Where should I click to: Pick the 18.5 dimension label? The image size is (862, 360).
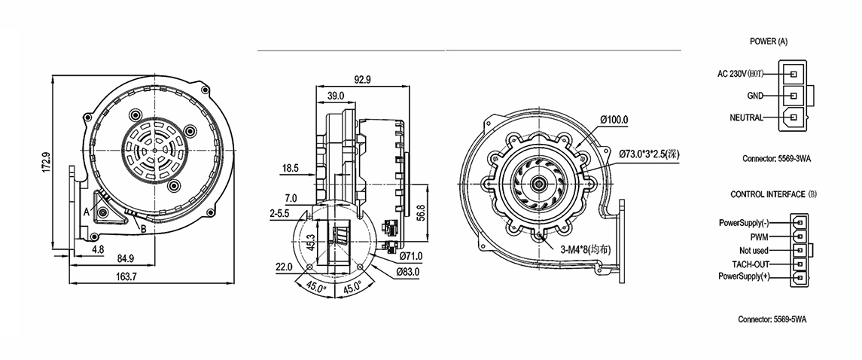coord(291,167)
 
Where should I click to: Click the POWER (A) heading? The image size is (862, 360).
coord(769,40)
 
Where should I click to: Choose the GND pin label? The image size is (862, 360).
coord(755,96)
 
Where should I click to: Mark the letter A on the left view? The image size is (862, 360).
coord(87,213)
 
